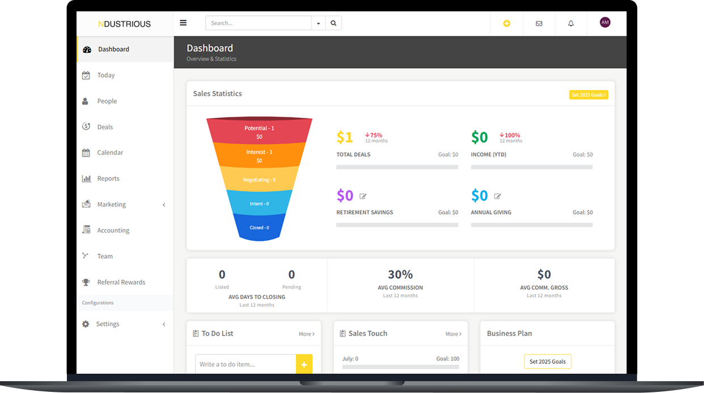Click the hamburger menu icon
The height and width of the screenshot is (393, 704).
pos(183,23)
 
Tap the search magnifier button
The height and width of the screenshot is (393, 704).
pos(333,23)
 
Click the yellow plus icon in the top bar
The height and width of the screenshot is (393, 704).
pos(507,23)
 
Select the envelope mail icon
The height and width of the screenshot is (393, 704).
pos(539,24)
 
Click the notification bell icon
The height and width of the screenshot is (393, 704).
pos(571,24)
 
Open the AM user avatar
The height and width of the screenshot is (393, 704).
pos(605,23)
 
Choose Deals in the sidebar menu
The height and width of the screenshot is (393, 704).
pos(105,127)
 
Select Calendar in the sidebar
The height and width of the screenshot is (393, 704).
pos(110,153)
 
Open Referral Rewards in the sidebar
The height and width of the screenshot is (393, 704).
pos(121,282)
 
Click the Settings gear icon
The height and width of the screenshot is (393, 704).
pos(86,324)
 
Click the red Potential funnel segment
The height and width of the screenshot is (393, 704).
pos(259,131)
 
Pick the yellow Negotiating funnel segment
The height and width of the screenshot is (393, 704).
pos(259,179)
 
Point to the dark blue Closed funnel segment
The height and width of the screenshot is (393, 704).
pos(259,227)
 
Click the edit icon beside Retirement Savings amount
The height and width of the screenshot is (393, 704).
pos(363,196)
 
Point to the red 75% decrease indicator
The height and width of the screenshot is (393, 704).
pos(374,135)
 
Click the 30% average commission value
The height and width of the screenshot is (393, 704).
pos(400,274)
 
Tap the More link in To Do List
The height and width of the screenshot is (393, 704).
pos(307,334)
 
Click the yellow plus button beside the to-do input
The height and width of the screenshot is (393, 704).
pos(304,365)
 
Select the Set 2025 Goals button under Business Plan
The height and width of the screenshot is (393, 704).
pos(548,362)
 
